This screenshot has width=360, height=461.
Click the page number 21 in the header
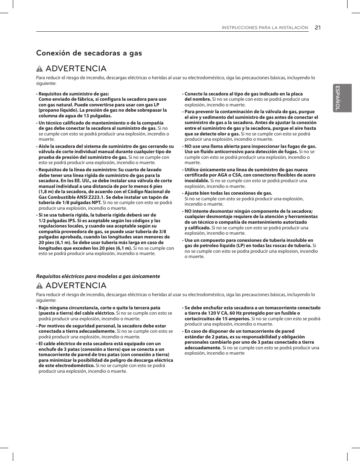[317, 27]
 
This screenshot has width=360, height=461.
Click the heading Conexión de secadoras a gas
[89, 53]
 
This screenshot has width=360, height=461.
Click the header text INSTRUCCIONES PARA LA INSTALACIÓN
[265, 28]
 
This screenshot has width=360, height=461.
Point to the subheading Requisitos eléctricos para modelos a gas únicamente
[98, 276]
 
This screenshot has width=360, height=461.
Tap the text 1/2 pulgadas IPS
[57, 221]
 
